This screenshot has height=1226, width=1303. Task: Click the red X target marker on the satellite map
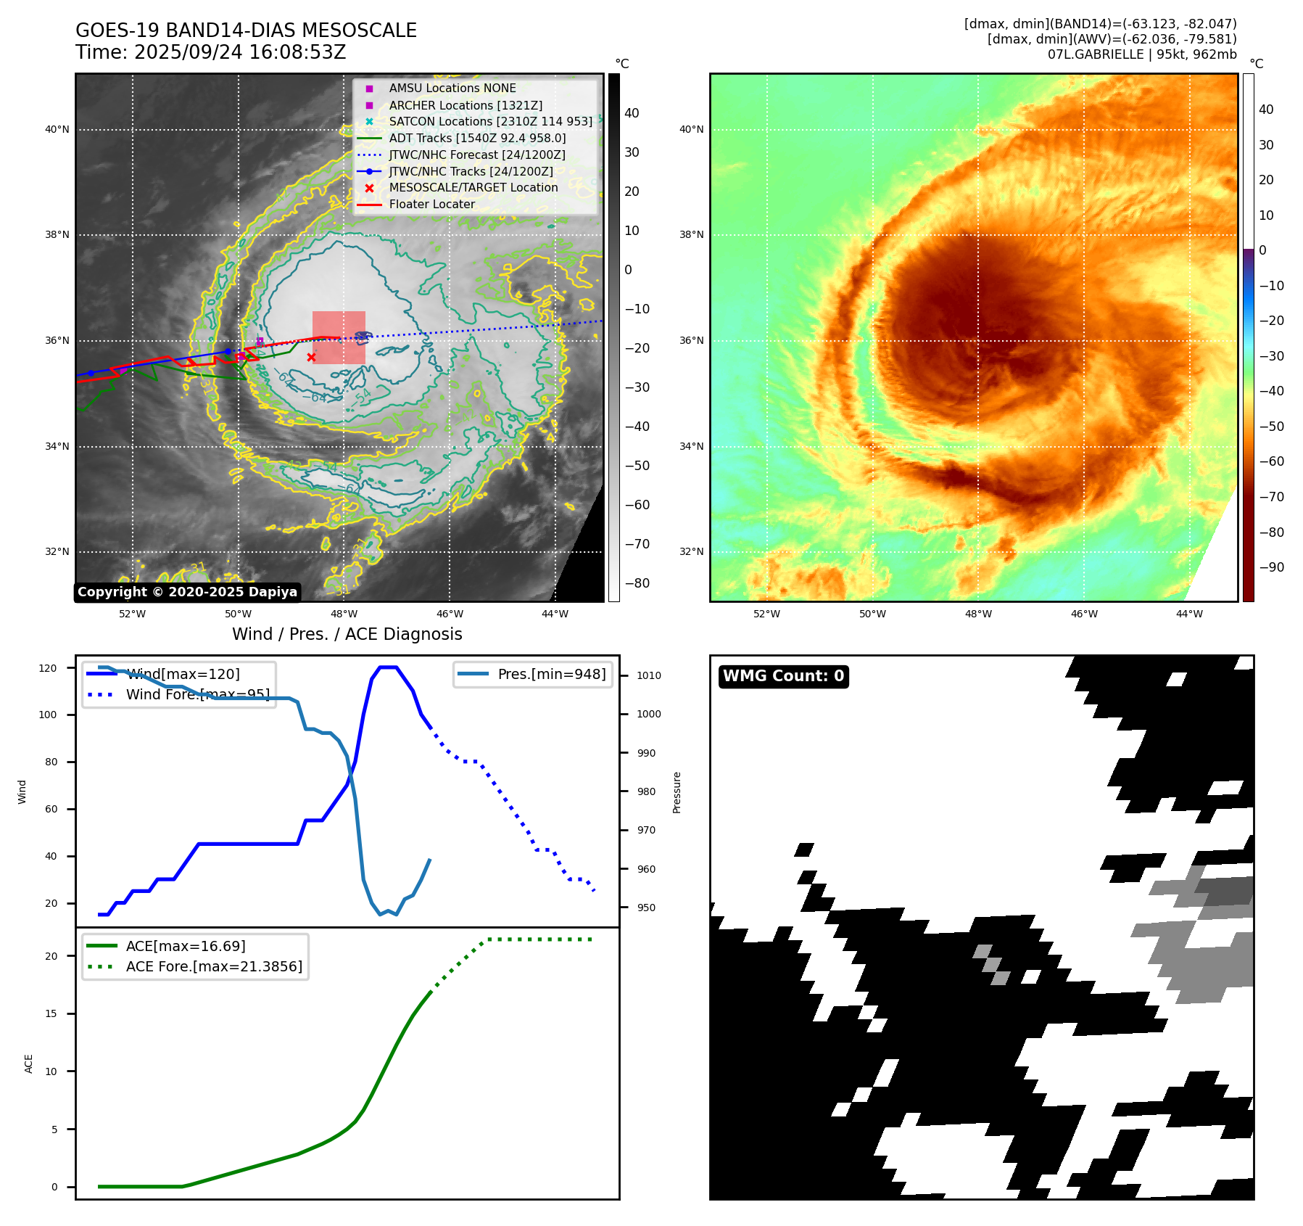coord(311,357)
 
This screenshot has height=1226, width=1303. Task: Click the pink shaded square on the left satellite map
coord(339,337)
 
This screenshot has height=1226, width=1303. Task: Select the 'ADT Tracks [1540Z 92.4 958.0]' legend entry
coord(477,138)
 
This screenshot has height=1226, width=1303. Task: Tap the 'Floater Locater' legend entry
coord(431,204)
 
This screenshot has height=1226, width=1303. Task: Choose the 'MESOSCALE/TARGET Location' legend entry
coord(473,187)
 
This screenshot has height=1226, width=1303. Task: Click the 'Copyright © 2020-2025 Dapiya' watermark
coord(187,592)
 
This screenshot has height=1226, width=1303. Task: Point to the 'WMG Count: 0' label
coord(783,676)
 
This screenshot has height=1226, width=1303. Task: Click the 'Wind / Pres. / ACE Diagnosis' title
coord(347,634)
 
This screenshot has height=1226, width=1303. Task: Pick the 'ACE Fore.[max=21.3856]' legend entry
coord(214,966)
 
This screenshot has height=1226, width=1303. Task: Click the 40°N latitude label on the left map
coord(57,130)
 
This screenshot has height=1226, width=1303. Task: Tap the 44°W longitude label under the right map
coord(1189,614)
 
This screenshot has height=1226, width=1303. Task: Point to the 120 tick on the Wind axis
coord(48,668)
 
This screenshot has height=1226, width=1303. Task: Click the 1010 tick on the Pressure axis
coord(649,675)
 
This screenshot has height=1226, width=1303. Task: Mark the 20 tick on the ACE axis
coord(51,956)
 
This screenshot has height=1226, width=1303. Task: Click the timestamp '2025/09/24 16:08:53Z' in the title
coord(240,52)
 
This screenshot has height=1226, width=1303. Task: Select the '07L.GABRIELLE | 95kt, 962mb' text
coord(1142,54)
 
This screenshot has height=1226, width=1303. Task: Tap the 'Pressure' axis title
coord(677,792)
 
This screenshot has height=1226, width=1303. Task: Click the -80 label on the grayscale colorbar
coord(637,583)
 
